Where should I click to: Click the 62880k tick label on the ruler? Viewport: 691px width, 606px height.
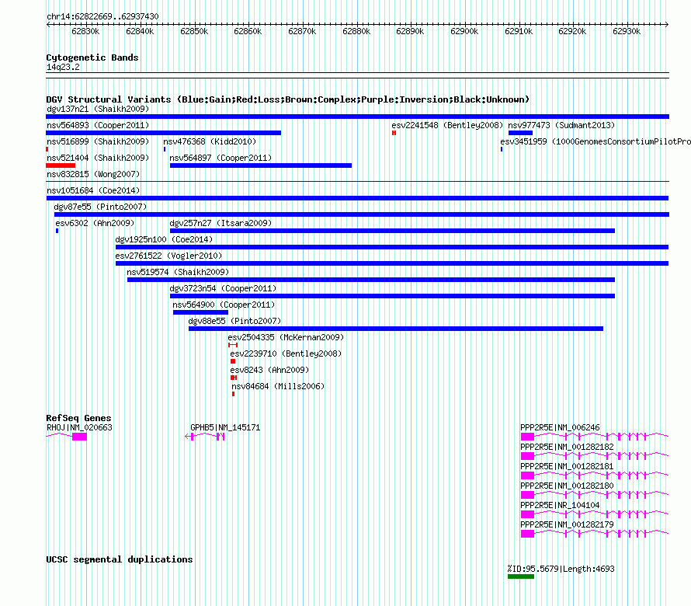356,31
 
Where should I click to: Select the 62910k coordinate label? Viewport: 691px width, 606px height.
519,31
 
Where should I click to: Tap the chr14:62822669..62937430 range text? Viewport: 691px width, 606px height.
102,16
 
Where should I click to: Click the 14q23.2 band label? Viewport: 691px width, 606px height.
63,67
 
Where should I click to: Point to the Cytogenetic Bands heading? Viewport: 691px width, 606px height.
92,57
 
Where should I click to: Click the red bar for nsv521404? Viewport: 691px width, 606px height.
61,165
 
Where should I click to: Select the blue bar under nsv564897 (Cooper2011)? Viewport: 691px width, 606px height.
260,165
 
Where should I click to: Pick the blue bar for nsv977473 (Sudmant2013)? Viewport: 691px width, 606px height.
520,133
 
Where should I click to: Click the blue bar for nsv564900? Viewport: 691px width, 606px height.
200,312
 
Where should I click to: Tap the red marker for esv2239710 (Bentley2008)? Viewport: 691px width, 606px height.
233,361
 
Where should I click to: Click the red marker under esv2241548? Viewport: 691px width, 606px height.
394,133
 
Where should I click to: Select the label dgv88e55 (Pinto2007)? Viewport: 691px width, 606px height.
234,321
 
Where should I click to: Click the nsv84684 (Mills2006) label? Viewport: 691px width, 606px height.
278,386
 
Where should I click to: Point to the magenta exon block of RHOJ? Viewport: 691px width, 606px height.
79,437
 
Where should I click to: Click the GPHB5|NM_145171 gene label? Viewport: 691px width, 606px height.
225,427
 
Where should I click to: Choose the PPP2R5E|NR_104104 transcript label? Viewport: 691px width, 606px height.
560,505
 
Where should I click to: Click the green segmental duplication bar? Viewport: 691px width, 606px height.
521,576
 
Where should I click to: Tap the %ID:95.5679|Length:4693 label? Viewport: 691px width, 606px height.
561,569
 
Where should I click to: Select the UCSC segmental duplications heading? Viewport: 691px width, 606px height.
120,559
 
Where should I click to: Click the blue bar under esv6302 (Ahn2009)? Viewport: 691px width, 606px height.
57,231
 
